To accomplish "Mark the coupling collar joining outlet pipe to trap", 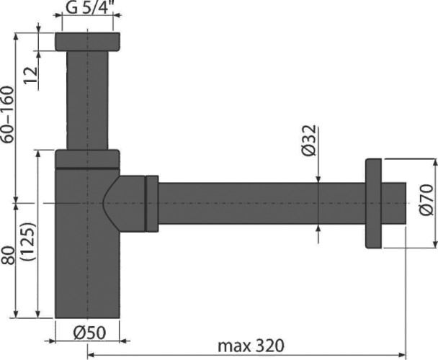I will tap(151, 203).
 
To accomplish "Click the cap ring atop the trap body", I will tap(86, 158).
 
